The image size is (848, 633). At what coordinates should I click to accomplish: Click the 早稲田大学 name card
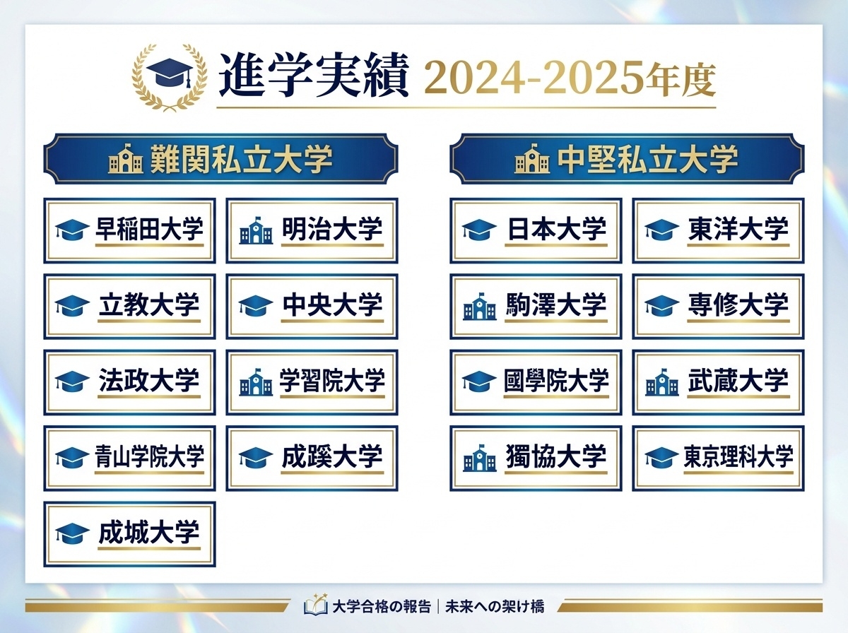pyautogui.click(x=129, y=231)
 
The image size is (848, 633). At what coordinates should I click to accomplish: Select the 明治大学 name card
pyautogui.click(x=312, y=231)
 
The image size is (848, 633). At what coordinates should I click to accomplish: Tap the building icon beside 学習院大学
pyautogui.click(x=256, y=382)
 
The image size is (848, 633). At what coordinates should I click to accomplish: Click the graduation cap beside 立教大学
pyautogui.click(x=72, y=307)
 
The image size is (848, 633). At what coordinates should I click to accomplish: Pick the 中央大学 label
pyautogui.click(x=331, y=305)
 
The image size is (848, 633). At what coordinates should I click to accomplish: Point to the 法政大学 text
pyautogui.click(x=149, y=381)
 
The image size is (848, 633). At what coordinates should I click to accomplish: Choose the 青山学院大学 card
pyautogui.click(x=129, y=458)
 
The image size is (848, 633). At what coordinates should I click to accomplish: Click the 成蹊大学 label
pyautogui.click(x=331, y=456)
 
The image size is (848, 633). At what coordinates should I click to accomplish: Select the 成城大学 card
pyautogui.click(x=129, y=534)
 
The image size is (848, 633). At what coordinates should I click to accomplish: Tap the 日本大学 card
pyautogui.click(x=536, y=231)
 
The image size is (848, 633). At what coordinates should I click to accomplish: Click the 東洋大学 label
pyautogui.click(x=738, y=230)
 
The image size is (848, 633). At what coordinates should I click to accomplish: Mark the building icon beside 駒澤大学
pyautogui.click(x=480, y=307)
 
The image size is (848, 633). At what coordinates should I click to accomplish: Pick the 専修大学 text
pyautogui.click(x=738, y=305)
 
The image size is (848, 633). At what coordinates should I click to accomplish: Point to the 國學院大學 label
pyautogui.click(x=556, y=381)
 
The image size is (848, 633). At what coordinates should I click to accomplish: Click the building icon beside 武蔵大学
pyautogui.click(x=662, y=382)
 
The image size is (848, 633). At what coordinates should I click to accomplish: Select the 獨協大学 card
pyautogui.click(x=536, y=458)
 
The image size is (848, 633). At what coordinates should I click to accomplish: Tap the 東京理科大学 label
pyautogui.click(x=738, y=456)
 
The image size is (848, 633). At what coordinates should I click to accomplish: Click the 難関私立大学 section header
pyautogui.click(x=220, y=159)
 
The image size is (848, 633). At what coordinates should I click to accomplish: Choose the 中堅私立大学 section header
pyautogui.click(x=627, y=159)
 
